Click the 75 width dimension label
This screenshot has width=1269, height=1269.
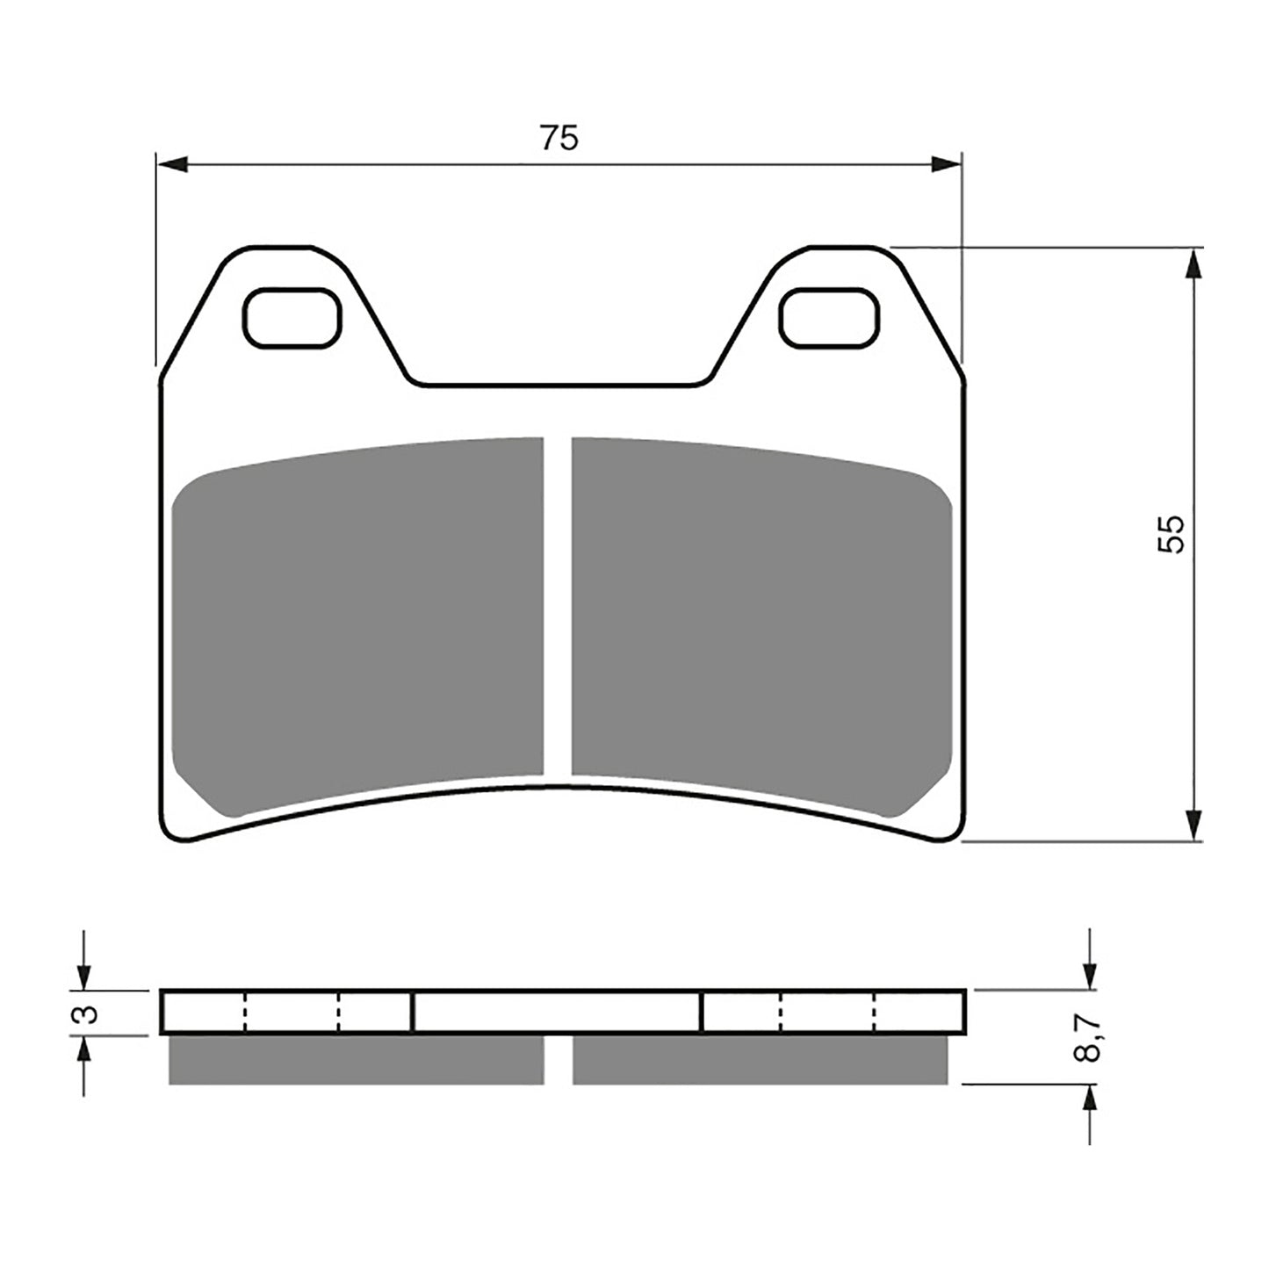coord(559,138)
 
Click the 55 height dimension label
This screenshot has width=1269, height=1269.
coord(1172,533)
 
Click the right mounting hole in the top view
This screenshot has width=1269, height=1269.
coord(830,317)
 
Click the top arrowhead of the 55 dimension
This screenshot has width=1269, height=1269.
coord(1192,262)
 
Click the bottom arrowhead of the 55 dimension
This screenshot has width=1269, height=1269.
coord(1192,826)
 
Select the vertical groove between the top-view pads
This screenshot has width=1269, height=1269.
coord(557,606)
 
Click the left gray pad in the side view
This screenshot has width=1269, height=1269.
coord(356,1060)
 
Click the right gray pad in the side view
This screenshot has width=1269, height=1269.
coord(760,1060)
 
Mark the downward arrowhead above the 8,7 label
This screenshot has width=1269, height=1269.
coord(1090,975)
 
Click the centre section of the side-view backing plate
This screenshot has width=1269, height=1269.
coord(557,1013)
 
